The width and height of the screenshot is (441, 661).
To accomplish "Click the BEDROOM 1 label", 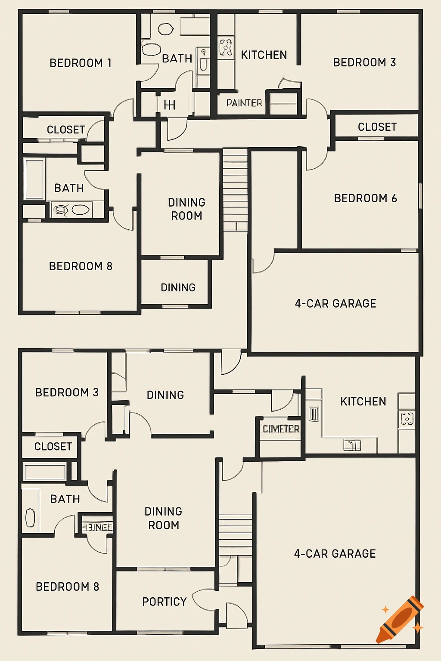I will [81, 63].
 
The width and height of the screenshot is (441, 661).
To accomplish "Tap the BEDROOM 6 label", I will [365, 198].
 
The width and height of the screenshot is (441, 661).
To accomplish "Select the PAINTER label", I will [244, 103].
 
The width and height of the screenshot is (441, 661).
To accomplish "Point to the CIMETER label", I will [281, 429].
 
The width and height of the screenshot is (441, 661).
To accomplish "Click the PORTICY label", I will [165, 602].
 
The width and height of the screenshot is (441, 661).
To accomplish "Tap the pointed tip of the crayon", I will [379, 640].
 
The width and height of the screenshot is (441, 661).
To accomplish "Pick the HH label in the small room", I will [169, 105].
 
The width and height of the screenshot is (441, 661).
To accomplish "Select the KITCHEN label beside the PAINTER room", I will [264, 55].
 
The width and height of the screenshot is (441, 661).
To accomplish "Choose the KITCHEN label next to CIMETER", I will [363, 402].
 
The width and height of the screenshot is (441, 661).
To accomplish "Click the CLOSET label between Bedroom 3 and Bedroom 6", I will [377, 127].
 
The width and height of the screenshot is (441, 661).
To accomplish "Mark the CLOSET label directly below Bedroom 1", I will [66, 130].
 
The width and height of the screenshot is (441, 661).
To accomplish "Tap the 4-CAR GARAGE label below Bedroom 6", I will [335, 303].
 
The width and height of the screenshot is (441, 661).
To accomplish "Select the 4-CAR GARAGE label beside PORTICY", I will [335, 553].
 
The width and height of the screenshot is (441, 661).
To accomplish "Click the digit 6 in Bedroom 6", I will [394, 198].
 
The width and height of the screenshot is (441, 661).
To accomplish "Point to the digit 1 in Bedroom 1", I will [109, 63].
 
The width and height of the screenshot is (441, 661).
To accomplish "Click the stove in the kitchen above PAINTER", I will [226, 47].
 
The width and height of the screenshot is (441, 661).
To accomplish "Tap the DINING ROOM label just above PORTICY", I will [163, 518].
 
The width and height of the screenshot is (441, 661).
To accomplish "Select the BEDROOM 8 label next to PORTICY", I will [67, 587].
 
